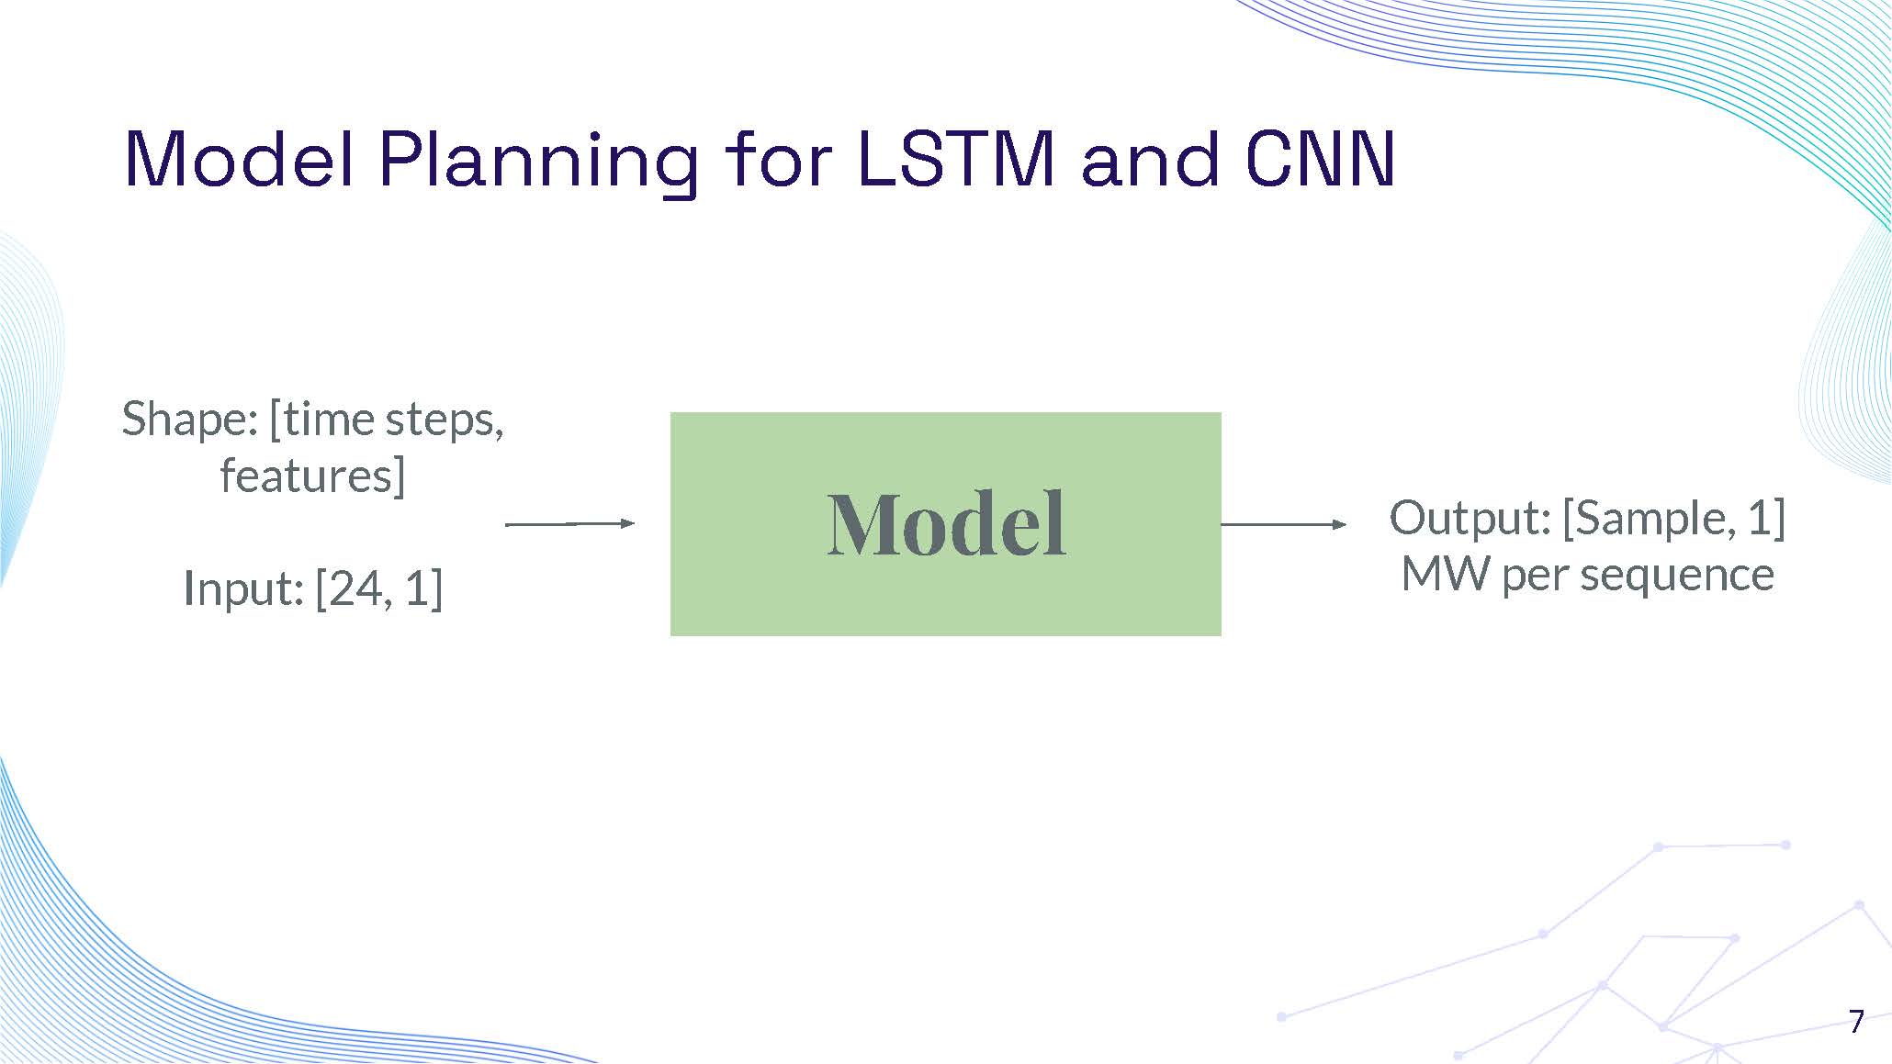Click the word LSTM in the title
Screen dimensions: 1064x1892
(955, 160)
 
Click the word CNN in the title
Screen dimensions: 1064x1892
(1320, 160)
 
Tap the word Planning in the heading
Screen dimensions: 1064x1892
(537, 162)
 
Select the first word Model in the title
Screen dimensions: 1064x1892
(239, 160)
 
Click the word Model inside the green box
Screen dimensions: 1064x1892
(946, 524)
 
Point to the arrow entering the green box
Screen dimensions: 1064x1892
(569, 523)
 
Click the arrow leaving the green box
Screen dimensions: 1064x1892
(1283, 524)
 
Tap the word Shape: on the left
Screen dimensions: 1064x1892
(190, 420)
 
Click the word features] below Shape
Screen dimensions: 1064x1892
(312, 476)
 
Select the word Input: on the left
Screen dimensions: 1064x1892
(243, 588)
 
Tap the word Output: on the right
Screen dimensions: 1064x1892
(1470, 518)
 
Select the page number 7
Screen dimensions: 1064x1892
(1856, 1021)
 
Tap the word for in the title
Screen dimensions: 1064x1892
(778, 160)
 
